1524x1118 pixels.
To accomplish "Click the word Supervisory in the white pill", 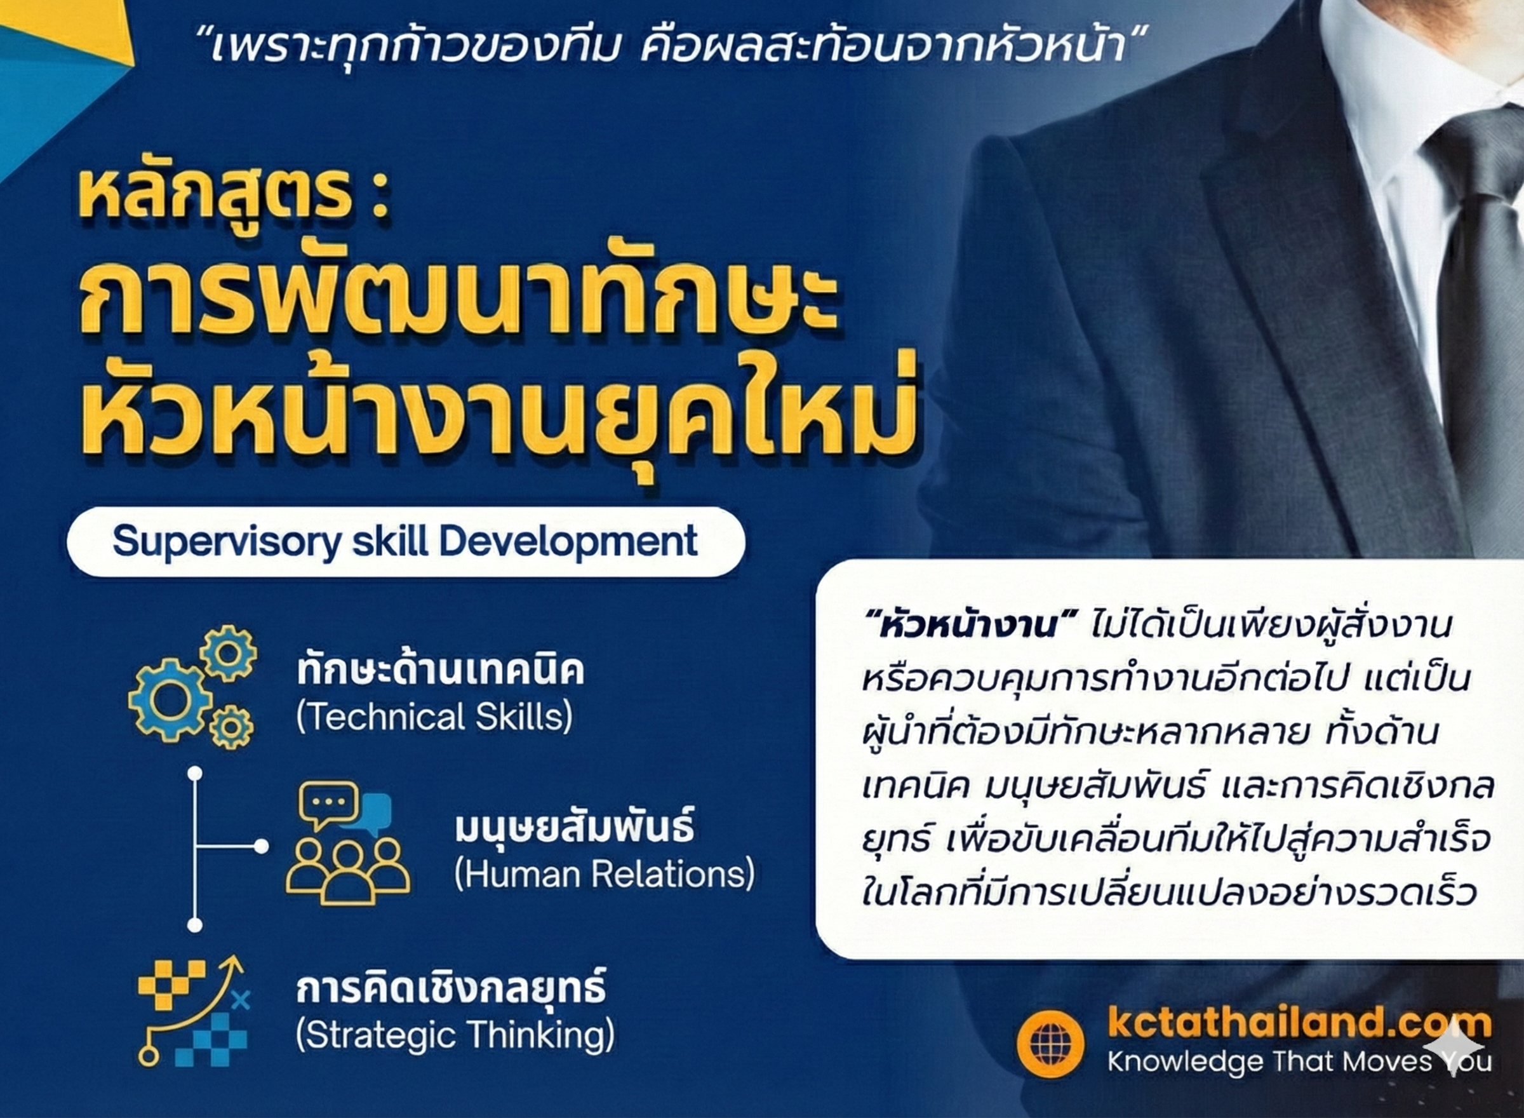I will point(226,542).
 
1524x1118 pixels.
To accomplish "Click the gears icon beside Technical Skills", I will point(193,686).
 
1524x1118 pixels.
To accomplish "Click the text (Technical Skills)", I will point(434,717).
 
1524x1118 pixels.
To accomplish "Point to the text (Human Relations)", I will point(604,873).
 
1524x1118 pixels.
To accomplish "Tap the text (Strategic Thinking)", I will point(455,1035).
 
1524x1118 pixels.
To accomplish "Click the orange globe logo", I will point(1049,1044).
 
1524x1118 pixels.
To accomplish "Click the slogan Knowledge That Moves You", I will point(1299,1061).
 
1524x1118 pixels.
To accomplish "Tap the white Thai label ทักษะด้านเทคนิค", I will point(440,671).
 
